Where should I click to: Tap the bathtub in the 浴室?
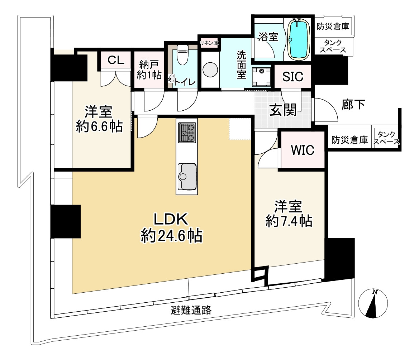(299, 39)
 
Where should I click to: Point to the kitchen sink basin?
(187, 177)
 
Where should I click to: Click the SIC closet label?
(293, 77)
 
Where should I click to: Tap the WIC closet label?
(303, 150)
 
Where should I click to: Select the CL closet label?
(116, 60)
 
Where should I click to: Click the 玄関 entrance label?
(283, 110)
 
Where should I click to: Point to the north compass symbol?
(373, 303)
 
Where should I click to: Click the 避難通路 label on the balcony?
(191, 310)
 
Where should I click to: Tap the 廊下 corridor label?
(353, 105)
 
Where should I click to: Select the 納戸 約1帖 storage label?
(149, 70)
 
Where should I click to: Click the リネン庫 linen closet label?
(209, 43)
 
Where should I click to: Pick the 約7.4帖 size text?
(289, 221)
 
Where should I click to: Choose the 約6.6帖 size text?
(99, 126)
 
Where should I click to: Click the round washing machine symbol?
(210, 70)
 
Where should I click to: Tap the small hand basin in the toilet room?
(171, 78)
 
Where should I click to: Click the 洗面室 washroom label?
(241, 65)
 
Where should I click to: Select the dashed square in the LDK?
(240, 129)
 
